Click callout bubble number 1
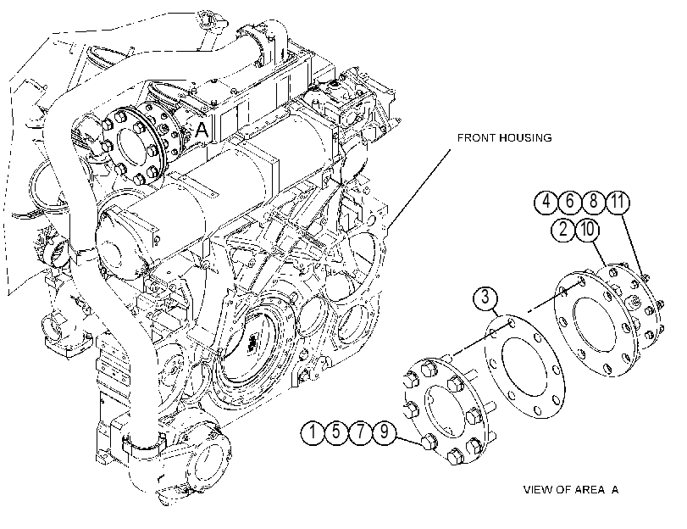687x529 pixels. (313, 432)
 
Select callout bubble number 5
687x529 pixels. (336, 432)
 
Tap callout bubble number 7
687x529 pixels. (360, 432)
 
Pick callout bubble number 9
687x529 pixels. (385, 432)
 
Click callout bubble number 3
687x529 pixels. (485, 298)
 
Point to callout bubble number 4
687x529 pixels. (546, 203)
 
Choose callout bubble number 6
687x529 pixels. (569, 203)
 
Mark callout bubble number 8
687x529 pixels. (593, 203)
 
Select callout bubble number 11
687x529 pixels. (618, 203)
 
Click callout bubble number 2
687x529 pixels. (563, 230)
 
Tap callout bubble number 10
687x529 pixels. (588, 230)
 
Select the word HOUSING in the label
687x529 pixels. (525, 138)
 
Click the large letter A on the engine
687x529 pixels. (201, 130)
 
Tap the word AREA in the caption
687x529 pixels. (590, 489)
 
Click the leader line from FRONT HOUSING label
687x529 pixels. (419, 188)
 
